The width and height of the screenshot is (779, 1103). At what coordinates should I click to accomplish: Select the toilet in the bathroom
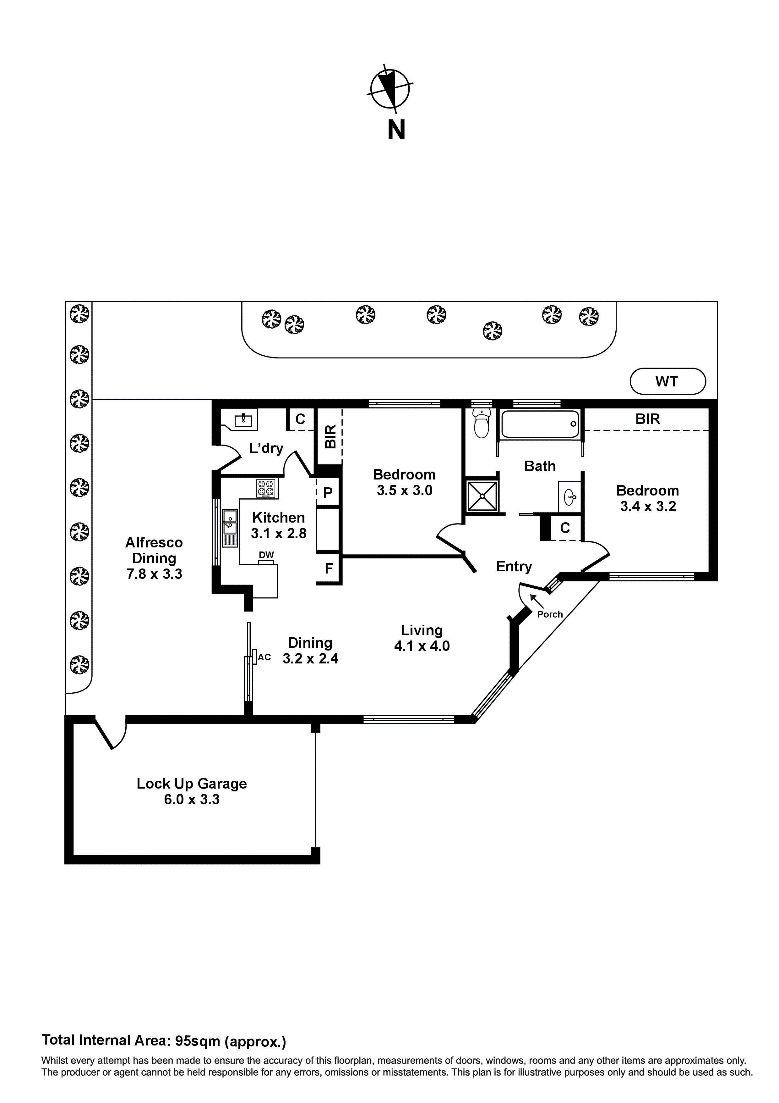pos(481,423)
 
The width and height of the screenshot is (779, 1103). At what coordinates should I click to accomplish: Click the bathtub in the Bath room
pos(540,424)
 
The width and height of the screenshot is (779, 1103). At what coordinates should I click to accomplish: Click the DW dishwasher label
pos(266,555)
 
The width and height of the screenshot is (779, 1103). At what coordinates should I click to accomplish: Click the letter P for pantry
pos(328,492)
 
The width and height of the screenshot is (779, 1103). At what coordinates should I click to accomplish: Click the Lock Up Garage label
pos(192,784)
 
